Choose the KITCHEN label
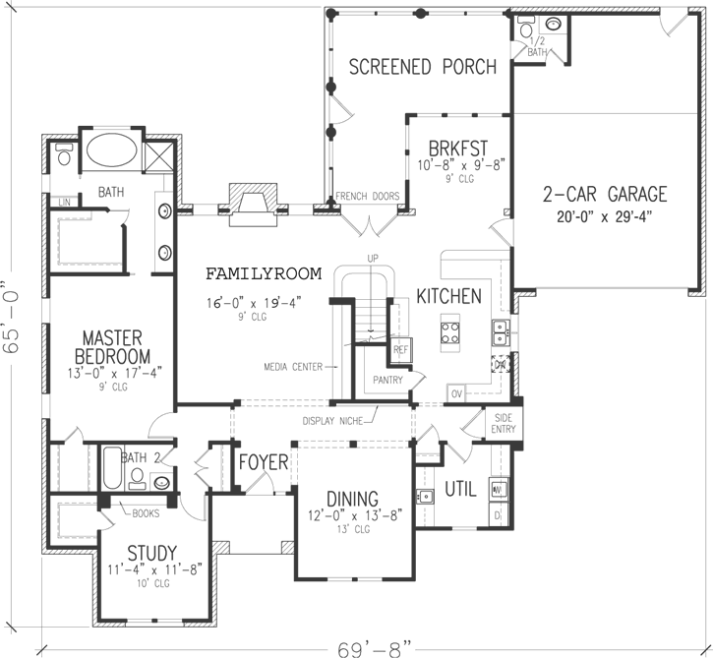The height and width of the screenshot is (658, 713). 448,296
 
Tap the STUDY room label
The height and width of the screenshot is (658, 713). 151,552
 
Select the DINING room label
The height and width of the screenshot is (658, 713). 353,497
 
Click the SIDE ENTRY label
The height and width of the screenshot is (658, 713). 504,422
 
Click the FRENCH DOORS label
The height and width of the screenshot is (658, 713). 368,197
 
